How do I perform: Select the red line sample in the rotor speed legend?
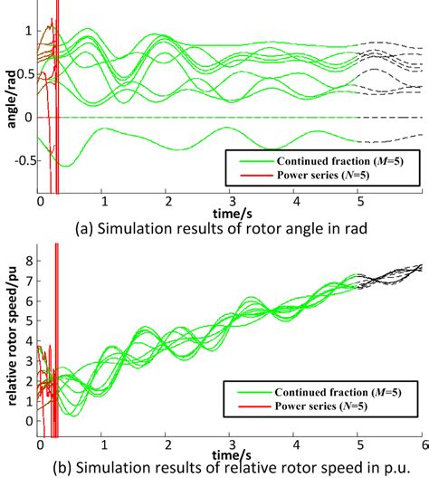(243, 408)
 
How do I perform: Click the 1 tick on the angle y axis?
(30, 31)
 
